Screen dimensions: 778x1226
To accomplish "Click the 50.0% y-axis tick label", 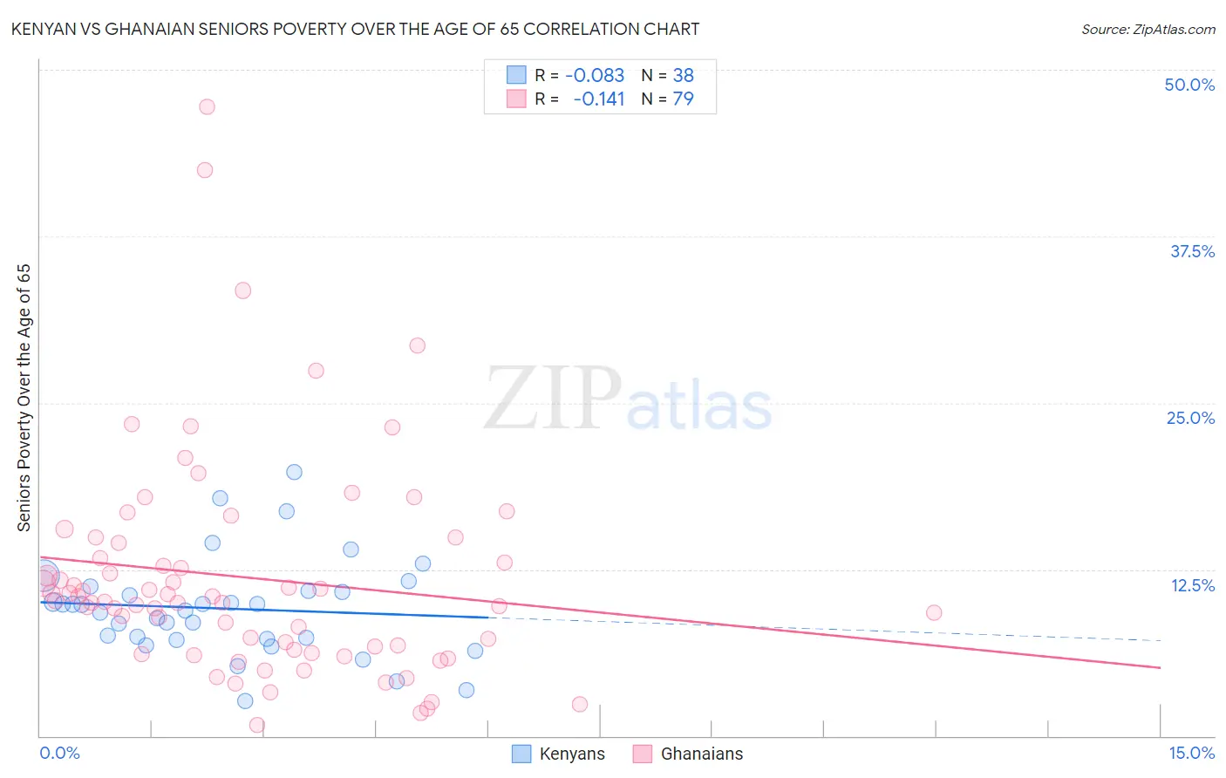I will (x=1189, y=85).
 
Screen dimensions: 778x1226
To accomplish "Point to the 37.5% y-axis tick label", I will (x=1192, y=251).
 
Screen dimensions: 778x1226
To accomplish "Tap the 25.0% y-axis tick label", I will (x=1190, y=418).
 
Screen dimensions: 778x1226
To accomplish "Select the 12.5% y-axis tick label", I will (x=1192, y=585).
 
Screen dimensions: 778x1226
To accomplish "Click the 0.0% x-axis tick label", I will (x=59, y=753).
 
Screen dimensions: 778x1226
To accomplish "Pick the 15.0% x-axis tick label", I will (x=1191, y=753).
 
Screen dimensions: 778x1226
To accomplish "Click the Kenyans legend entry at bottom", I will (x=571, y=754).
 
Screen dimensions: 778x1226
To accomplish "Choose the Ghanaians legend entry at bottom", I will (x=701, y=754).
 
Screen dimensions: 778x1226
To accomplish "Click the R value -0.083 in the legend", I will (x=595, y=76).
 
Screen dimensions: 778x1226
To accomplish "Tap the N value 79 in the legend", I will (x=683, y=99).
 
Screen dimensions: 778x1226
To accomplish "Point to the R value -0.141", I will (x=599, y=99).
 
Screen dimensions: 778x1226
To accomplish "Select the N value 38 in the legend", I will (x=683, y=76).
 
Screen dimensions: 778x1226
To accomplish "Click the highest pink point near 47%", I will (x=207, y=106).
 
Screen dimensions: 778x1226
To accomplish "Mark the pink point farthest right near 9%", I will (x=934, y=612).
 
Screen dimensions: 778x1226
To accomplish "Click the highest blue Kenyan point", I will (x=295, y=472).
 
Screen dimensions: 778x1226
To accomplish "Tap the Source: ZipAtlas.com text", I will (x=1148, y=30).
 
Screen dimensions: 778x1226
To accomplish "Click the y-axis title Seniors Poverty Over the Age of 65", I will (x=24, y=398).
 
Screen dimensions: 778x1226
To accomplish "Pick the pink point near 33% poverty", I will (x=243, y=290).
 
